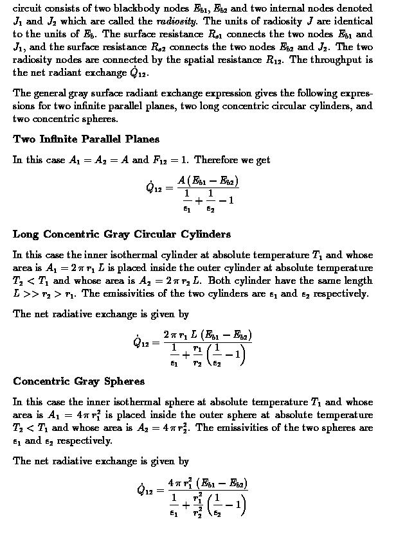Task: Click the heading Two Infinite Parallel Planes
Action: click(x=86, y=139)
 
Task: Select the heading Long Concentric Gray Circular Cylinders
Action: click(x=122, y=234)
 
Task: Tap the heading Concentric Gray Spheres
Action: click(x=78, y=381)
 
